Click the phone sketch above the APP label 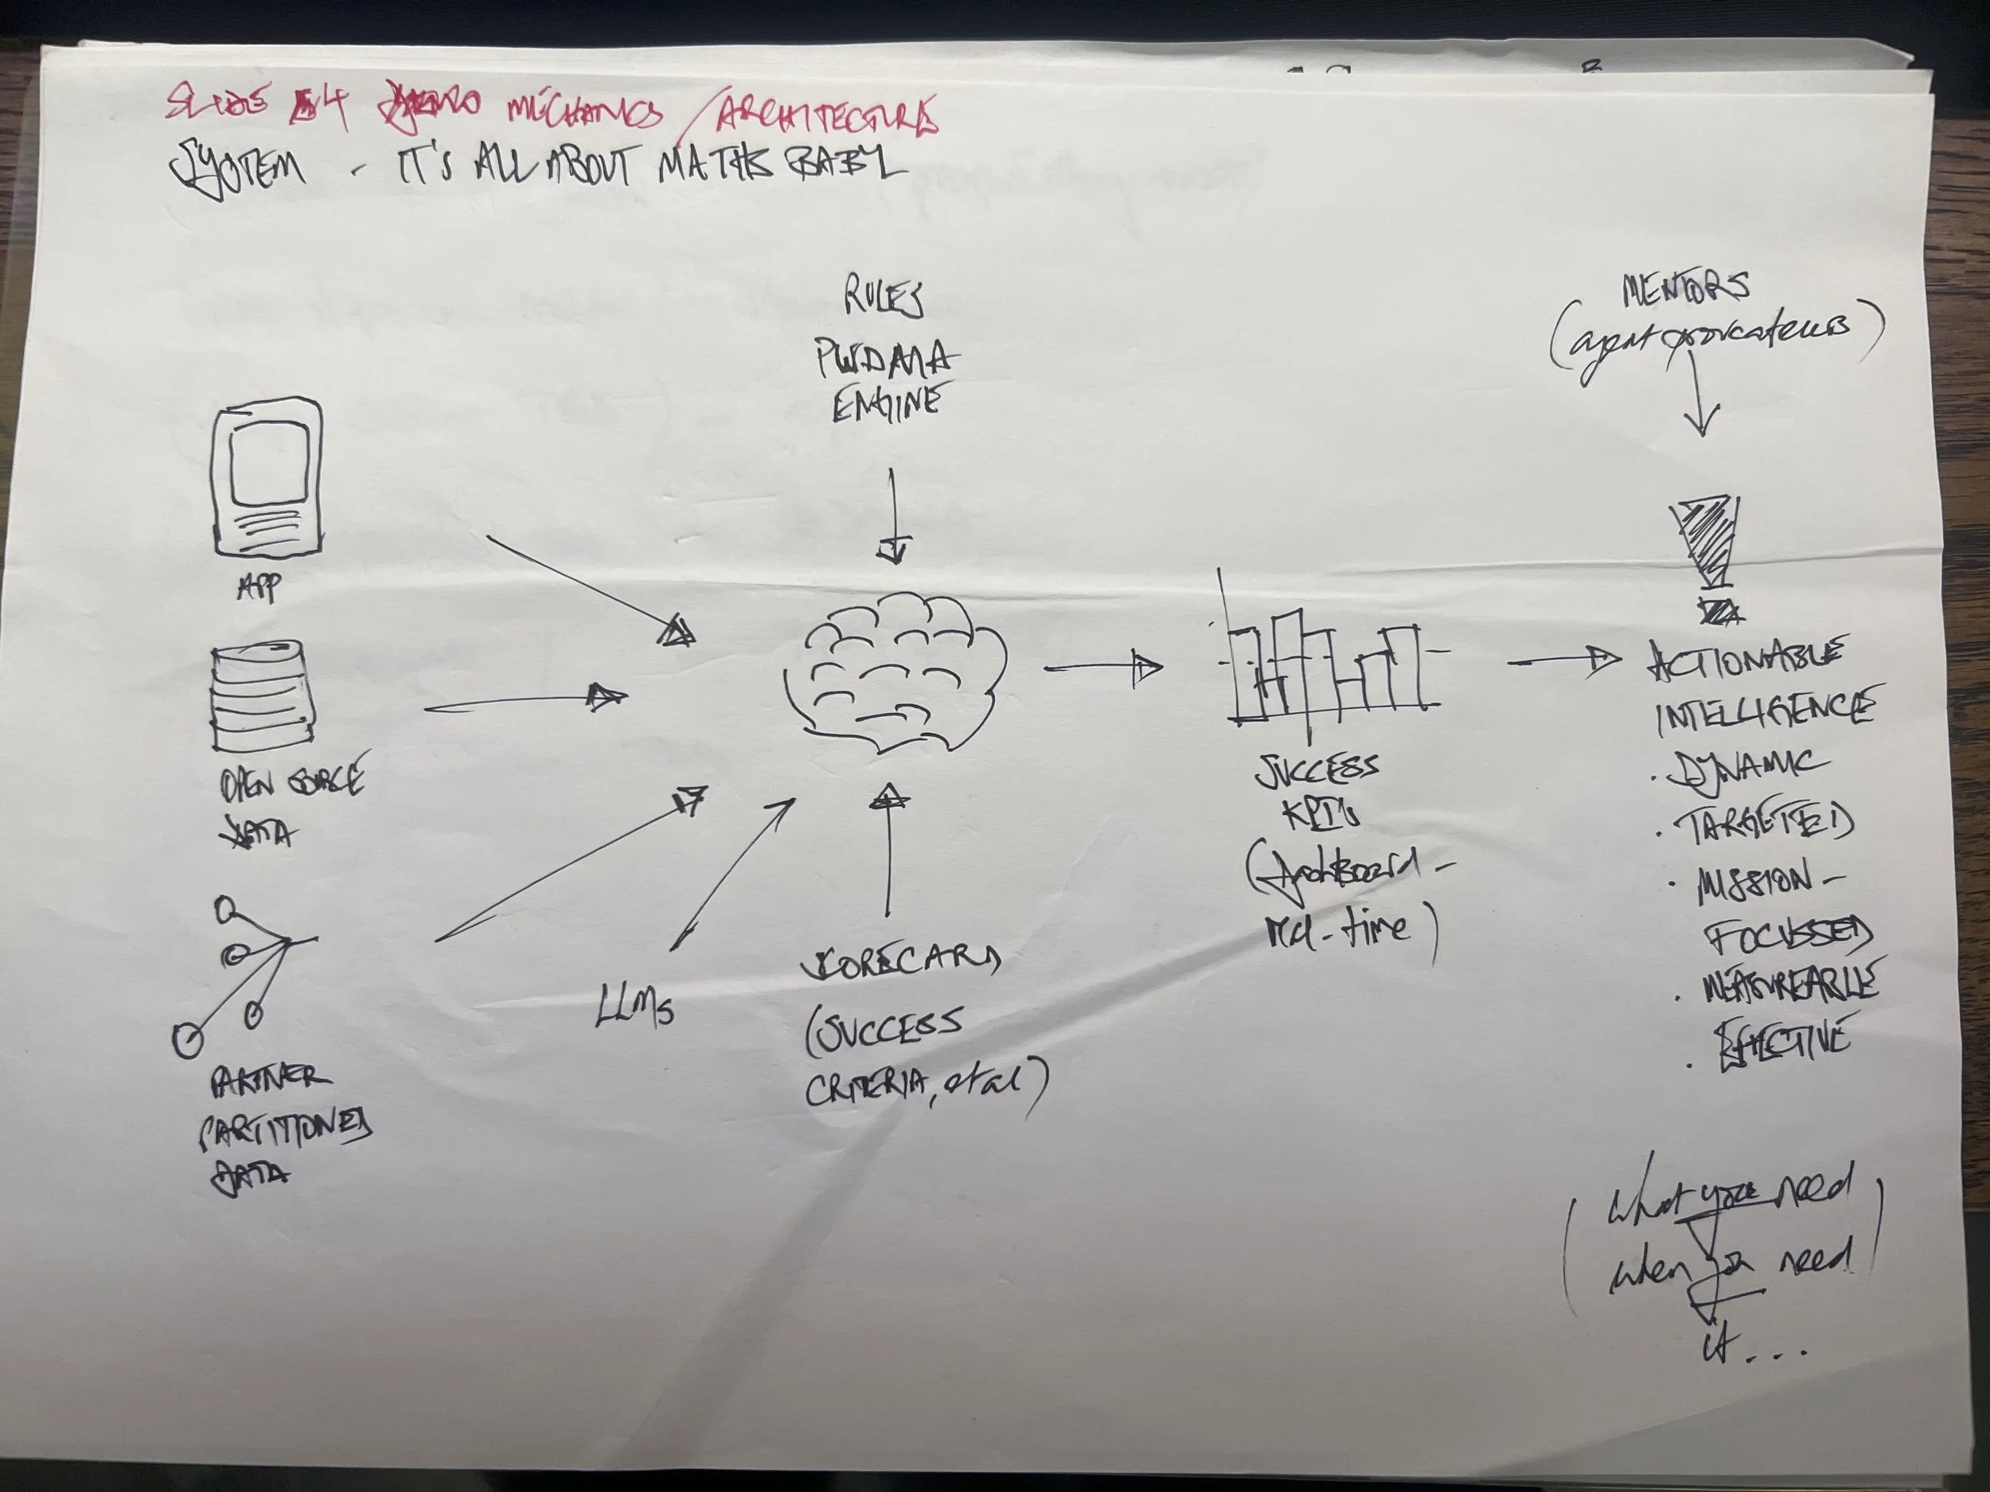pyautogui.click(x=267, y=479)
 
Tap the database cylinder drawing pyautogui.click(x=257, y=696)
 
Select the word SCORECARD pyautogui.click(x=899, y=961)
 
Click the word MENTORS pyautogui.click(x=1685, y=288)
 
